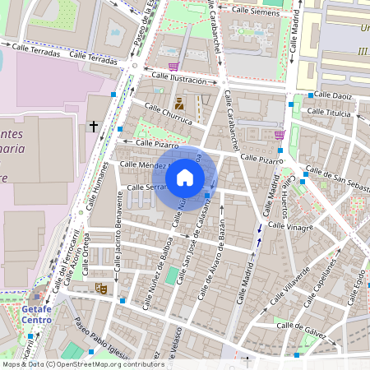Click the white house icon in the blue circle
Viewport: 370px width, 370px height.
(x=185, y=178)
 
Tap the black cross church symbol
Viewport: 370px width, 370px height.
(x=93, y=127)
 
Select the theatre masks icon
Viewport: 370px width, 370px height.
(x=100, y=288)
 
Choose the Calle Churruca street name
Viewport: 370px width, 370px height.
(x=168, y=114)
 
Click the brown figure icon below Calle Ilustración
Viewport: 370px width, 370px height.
(x=178, y=104)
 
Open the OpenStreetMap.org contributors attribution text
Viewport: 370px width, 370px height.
(x=106, y=364)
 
